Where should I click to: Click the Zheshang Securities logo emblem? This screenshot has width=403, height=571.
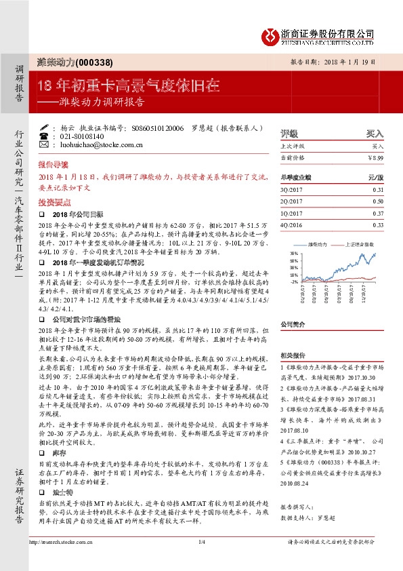point(271,33)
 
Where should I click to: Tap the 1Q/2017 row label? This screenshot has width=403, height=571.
point(290,213)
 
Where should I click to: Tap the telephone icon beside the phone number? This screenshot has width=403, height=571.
point(45,136)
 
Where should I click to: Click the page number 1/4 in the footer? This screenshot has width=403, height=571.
point(201,559)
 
